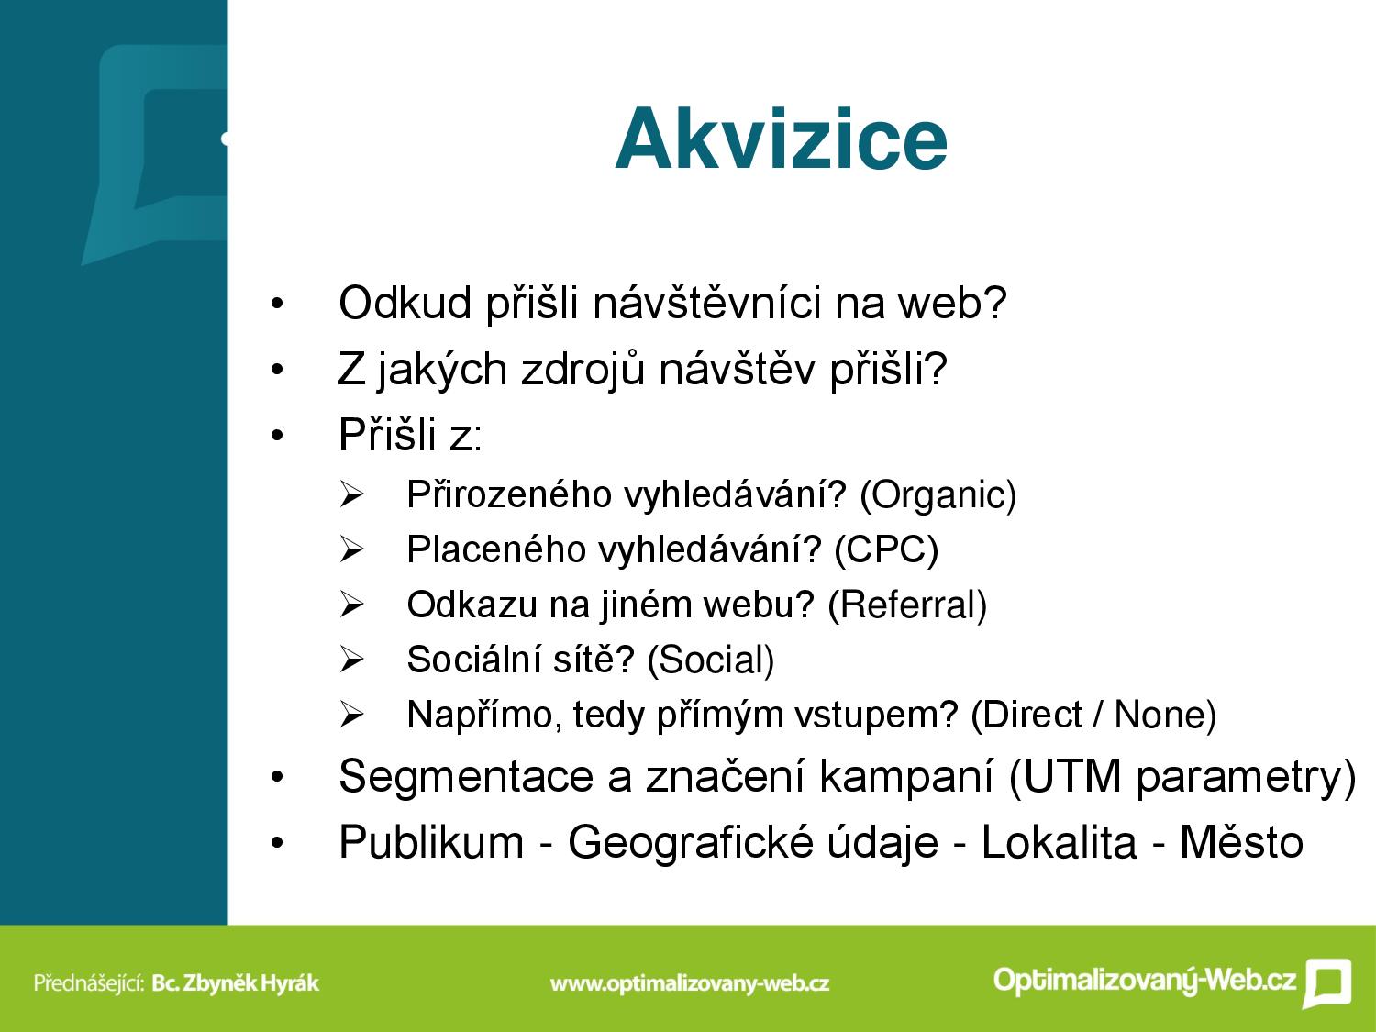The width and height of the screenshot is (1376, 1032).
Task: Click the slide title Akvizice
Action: pos(781,139)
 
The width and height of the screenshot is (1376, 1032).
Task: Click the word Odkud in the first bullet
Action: pos(405,304)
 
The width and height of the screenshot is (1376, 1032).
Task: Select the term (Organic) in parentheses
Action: pos(938,495)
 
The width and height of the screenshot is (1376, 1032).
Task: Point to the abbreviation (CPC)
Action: pos(886,550)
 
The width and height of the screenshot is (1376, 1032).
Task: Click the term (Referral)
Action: pos(907,605)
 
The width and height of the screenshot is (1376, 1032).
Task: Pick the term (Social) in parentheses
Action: pos(710,660)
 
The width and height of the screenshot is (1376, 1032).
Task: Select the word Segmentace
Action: pos(466,778)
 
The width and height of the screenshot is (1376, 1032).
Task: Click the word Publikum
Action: pos(431,842)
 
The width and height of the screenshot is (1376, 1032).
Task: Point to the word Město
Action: pos(1242,842)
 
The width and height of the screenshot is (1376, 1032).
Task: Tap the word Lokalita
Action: pos(1059,842)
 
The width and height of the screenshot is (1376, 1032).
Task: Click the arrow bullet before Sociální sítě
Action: pos(351,660)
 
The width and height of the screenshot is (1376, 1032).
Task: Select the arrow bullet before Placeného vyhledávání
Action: pos(351,550)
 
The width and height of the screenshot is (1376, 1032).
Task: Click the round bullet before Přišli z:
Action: pos(277,436)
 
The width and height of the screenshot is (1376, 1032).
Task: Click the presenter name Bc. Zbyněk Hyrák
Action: pos(236,983)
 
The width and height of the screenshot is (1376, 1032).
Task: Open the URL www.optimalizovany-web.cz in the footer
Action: pos(690,983)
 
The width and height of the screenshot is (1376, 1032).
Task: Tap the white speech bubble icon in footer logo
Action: pos(1326,982)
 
